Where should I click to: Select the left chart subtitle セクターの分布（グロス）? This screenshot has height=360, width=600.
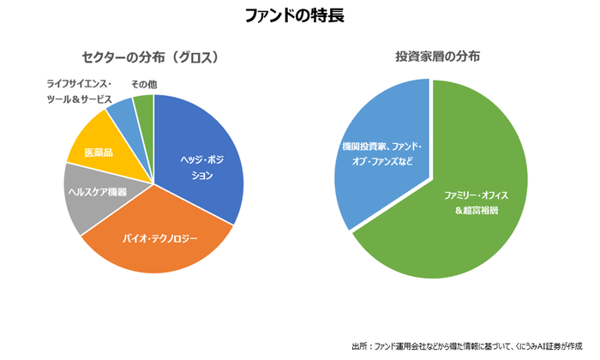pos(153,57)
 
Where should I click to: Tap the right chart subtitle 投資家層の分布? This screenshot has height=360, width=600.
pos(432,57)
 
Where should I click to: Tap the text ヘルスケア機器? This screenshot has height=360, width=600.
pos(98,192)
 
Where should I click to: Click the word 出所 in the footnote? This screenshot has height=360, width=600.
pos(358,345)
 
